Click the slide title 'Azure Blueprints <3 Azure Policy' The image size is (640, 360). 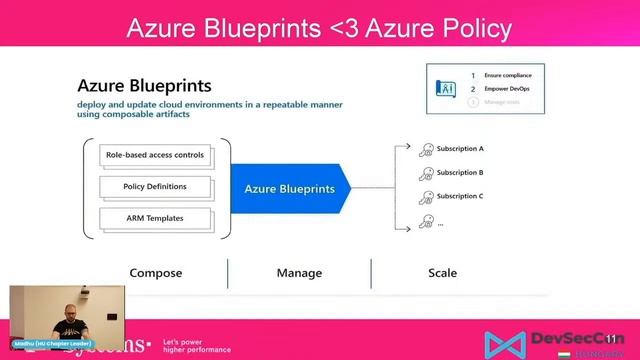coord(319,29)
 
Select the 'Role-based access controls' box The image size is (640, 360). coord(155,155)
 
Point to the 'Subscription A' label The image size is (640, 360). coord(459,149)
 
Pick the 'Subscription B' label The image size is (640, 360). coord(459,173)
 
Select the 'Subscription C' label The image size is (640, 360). coord(459,196)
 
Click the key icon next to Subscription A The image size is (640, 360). coord(427,149)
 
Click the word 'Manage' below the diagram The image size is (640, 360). coord(299,273)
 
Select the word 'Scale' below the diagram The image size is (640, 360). coord(442,273)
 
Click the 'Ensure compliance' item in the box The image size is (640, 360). coord(509,76)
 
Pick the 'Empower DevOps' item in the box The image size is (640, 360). coord(507,89)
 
